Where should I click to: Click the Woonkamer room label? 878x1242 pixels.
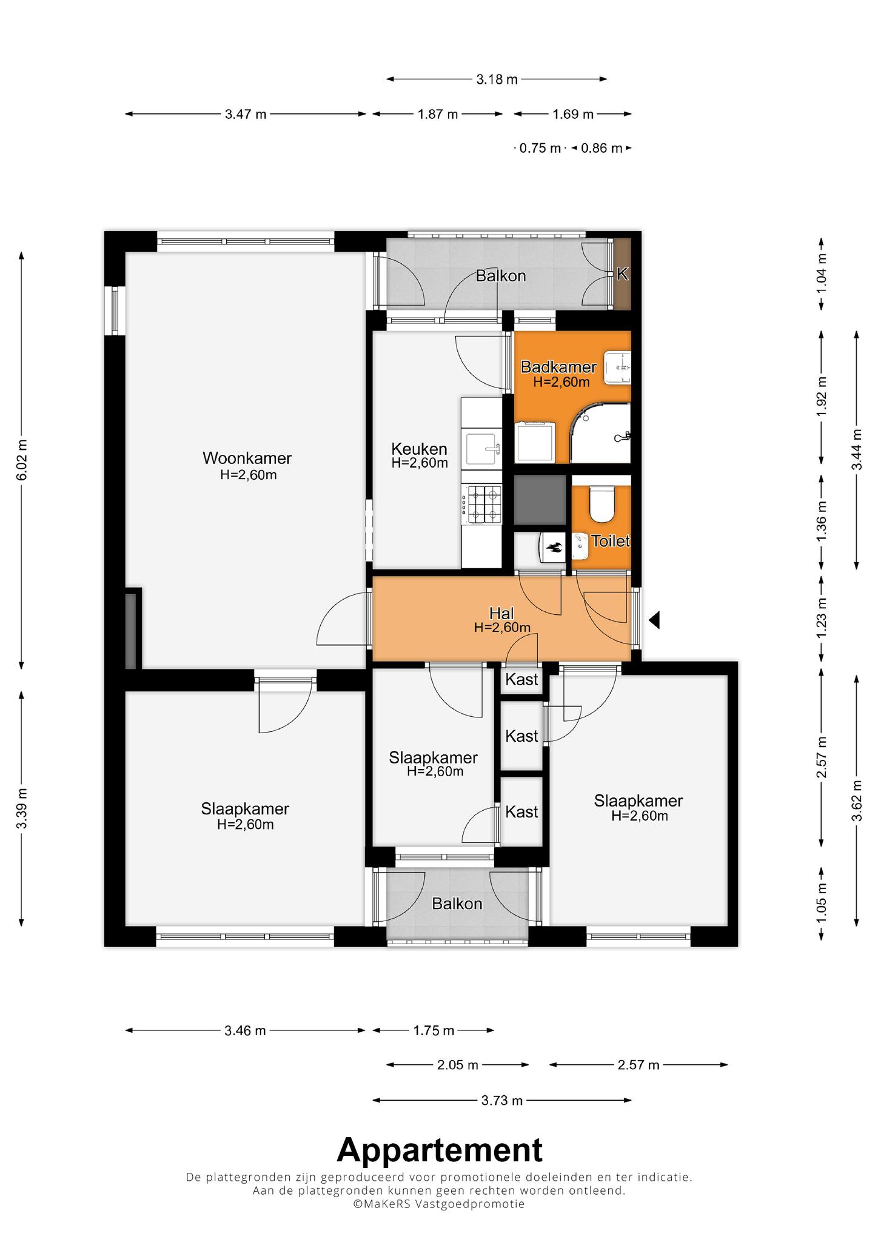[x=247, y=458]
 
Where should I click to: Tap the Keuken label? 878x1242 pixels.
[x=420, y=449]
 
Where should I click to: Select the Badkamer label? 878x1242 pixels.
[x=559, y=367]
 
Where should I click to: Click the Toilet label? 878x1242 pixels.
[x=611, y=541]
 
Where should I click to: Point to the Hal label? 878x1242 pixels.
[x=502, y=613]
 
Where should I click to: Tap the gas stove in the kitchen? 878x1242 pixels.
[x=482, y=505]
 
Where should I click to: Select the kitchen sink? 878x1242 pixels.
[x=483, y=449]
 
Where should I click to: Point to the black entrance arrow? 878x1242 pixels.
[x=654, y=620]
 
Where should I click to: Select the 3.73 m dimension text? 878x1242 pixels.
[x=502, y=1100]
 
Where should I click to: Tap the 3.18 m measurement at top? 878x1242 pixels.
[x=497, y=79]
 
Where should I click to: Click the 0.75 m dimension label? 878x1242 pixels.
[x=540, y=148]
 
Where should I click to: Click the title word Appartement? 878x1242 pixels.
[x=440, y=1150]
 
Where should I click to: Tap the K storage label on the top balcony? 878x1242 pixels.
[x=622, y=274]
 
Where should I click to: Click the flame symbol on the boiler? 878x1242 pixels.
[x=554, y=548]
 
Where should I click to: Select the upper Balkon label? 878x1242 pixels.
[x=501, y=276]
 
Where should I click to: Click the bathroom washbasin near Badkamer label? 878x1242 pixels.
[x=617, y=368]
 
